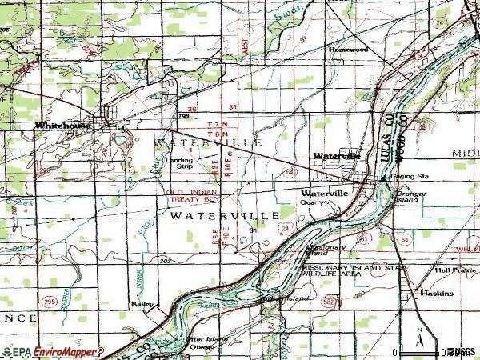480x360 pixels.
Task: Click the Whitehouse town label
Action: click(x=62, y=126)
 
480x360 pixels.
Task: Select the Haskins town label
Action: click(x=438, y=294)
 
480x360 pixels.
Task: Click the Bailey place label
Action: click(x=142, y=305)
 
